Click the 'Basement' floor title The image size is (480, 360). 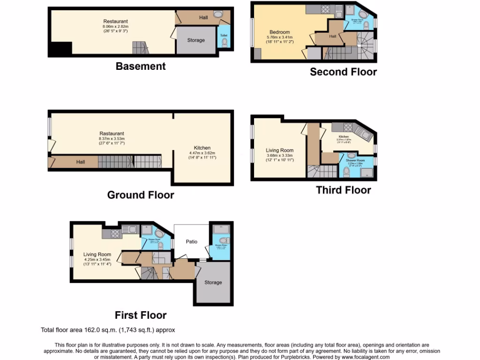[x=141, y=67]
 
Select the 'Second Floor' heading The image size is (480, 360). [x=343, y=72]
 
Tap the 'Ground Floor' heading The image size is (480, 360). [x=141, y=195]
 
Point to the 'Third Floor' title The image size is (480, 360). [x=343, y=190]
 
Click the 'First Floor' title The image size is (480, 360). [x=141, y=315]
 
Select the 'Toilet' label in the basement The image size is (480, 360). [x=224, y=34]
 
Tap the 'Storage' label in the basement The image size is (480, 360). [x=196, y=40]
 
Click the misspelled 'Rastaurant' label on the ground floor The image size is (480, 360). [x=112, y=133]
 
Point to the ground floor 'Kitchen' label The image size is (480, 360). [x=202, y=148]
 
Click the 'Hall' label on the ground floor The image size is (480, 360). [x=81, y=162]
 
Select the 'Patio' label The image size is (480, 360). [x=191, y=242]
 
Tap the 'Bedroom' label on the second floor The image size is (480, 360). [x=279, y=32]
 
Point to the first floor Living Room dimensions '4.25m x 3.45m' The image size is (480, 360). [x=97, y=259]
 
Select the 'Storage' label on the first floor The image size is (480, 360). [x=213, y=283]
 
